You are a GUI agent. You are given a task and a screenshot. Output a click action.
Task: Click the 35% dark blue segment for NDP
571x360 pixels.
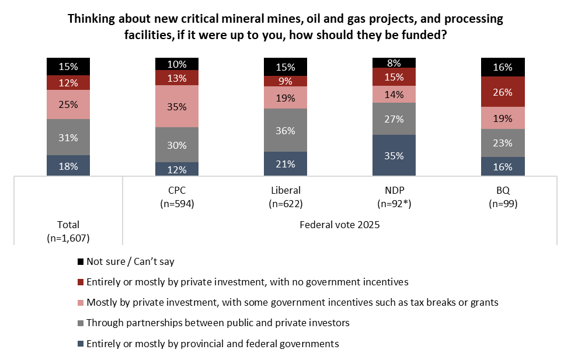point(394,155)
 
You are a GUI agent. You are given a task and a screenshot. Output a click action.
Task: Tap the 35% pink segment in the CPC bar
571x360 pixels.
point(177,106)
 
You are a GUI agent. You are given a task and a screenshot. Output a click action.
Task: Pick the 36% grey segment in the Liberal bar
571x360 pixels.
point(285,130)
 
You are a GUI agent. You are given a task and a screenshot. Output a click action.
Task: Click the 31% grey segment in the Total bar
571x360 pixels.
point(68,137)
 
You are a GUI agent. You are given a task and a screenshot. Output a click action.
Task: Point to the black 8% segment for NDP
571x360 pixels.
point(394,62)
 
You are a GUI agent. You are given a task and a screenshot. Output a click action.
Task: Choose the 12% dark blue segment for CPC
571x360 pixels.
point(177,169)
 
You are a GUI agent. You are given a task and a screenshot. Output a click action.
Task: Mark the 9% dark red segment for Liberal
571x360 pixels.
point(285,81)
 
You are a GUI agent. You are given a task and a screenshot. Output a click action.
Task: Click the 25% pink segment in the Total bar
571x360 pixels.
point(68,104)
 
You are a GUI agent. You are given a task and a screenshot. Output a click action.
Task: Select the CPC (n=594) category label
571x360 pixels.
point(177,197)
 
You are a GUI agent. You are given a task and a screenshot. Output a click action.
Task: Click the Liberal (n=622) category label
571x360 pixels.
point(285,197)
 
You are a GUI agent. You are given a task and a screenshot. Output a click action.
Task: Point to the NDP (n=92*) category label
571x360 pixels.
point(394,197)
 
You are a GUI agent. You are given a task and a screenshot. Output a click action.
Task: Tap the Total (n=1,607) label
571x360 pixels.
point(68,231)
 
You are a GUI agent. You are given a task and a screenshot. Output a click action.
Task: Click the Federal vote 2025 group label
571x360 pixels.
point(339,225)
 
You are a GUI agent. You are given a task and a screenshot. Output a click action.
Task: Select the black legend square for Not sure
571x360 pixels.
point(80,262)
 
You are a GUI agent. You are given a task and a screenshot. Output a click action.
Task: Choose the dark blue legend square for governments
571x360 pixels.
point(80,344)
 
